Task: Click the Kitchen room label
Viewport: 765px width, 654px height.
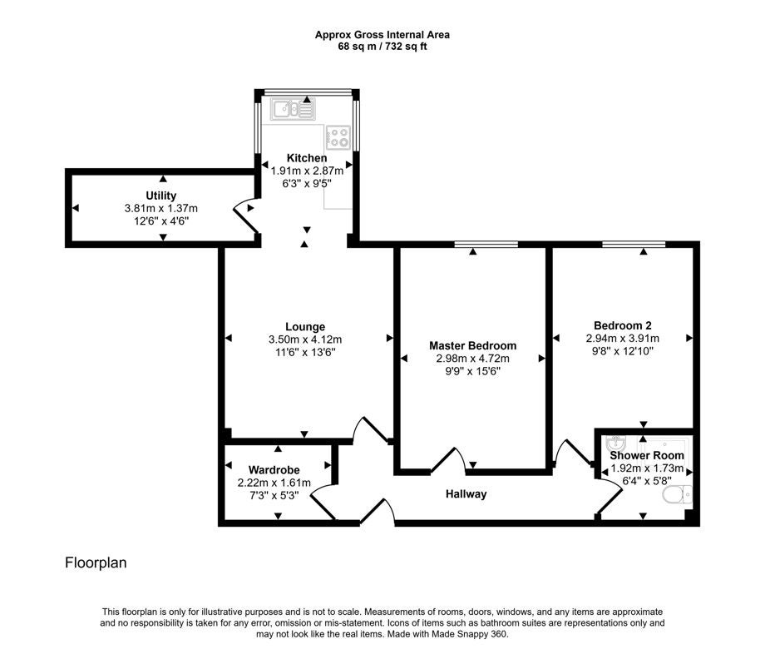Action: click(306, 158)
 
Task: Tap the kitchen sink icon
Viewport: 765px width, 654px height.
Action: click(294, 108)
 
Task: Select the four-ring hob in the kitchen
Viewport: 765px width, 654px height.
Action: click(338, 137)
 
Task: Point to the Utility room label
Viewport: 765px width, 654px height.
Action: click(161, 196)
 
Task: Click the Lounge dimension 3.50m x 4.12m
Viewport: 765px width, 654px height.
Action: click(305, 339)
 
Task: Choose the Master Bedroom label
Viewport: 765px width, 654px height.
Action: click(473, 345)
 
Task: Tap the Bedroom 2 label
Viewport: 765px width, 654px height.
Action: click(623, 325)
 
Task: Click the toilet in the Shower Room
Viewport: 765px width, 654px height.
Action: click(677, 495)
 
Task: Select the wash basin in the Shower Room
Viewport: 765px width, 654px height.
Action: click(615, 443)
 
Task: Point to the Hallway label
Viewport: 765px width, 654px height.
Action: click(466, 494)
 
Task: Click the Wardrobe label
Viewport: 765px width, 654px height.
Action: click(274, 470)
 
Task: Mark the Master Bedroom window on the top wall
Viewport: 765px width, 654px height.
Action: click(486, 244)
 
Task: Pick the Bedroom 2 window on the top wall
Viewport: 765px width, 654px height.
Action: click(634, 244)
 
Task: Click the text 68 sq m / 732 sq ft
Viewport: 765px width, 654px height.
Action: click(382, 47)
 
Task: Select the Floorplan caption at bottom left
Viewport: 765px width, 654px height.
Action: click(96, 562)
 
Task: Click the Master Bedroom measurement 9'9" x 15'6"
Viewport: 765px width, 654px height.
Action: click(473, 371)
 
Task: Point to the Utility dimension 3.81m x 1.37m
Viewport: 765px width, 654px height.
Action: click(161, 208)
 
